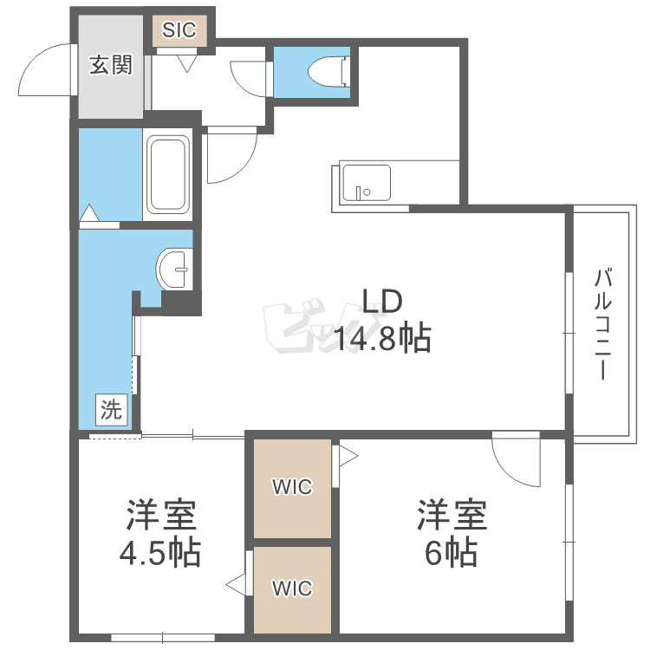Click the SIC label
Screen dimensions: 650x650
[x=179, y=29]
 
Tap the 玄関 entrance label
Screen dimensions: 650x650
[x=111, y=65]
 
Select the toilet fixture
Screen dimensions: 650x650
[x=328, y=72]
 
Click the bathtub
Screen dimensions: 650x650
[x=168, y=174]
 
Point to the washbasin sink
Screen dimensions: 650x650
[x=174, y=269]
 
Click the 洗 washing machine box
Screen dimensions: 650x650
[x=112, y=410]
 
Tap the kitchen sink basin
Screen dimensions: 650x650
[x=367, y=183]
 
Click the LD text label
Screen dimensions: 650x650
[x=382, y=302]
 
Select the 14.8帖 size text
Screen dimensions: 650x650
[x=382, y=338]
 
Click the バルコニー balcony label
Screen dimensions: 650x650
[x=602, y=324]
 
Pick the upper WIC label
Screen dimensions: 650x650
[x=292, y=486]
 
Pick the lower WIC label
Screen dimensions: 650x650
[x=292, y=588]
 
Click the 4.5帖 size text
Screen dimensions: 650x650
[x=160, y=553]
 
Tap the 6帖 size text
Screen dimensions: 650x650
[x=451, y=553]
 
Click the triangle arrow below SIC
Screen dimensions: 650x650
[x=187, y=64]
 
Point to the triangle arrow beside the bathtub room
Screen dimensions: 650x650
[x=89, y=212]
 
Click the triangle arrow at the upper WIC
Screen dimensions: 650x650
[x=348, y=456]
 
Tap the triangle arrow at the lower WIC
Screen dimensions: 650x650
[x=236, y=584]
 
